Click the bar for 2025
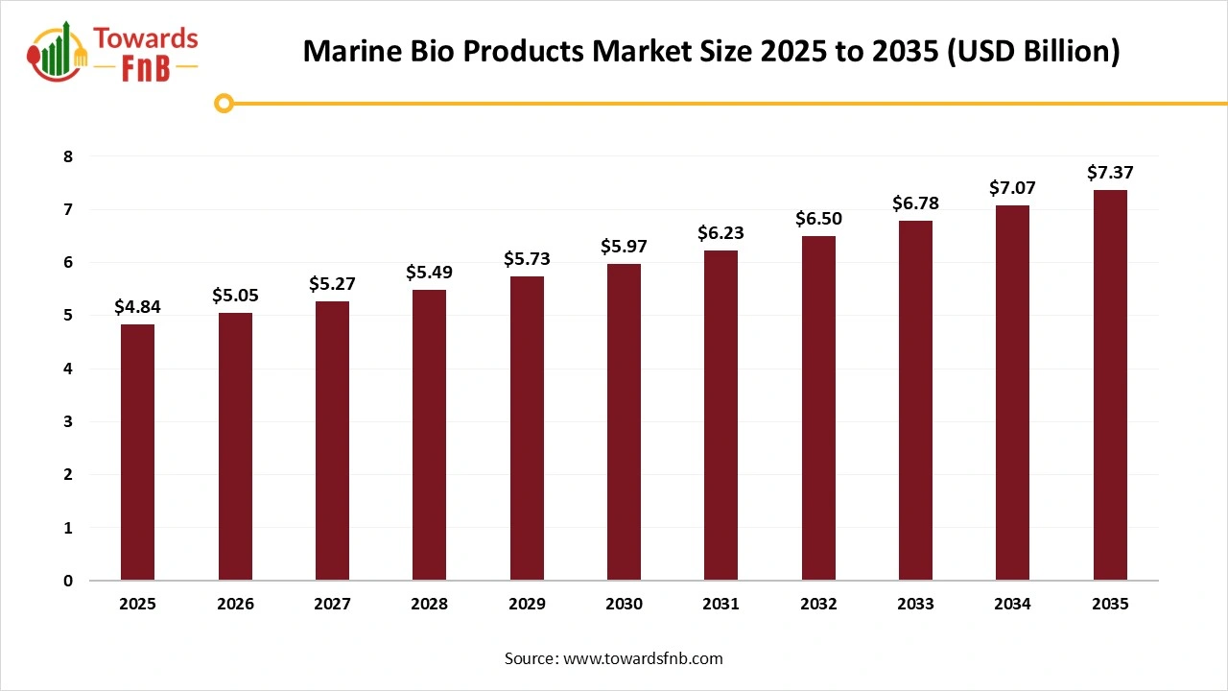(x=137, y=452)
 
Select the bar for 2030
(x=624, y=422)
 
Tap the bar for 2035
(x=1110, y=385)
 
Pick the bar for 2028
(x=429, y=435)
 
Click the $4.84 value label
(x=137, y=308)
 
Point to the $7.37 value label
(x=1110, y=173)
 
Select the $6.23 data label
(x=720, y=233)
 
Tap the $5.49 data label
(x=429, y=273)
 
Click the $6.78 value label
(x=915, y=203)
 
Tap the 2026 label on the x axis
(x=235, y=605)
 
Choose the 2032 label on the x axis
(x=818, y=605)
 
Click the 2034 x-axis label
(x=1012, y=605)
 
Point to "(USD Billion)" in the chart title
(x=1033, y=52)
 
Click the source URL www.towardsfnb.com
(x=642, y=658)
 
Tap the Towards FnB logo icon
(x=58, y=53)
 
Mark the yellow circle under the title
(x=224, y=103)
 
